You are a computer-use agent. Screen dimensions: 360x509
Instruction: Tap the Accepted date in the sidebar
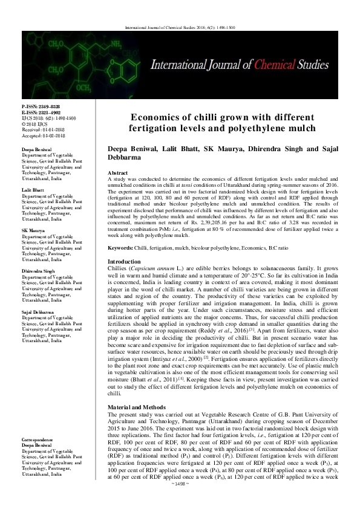pyautogui.click(x=42, y=134)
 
